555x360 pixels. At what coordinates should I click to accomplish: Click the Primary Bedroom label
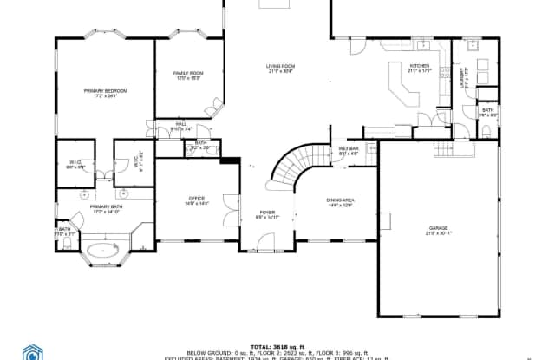click(x=104, y=93)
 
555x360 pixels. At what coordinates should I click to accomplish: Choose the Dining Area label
click(x=340, y=202)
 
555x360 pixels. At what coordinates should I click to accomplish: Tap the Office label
click(x=196, y=201)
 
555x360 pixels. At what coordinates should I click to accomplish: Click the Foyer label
click(x=267, y=214)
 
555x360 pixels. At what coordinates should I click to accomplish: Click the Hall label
click(x=181, y=127)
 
